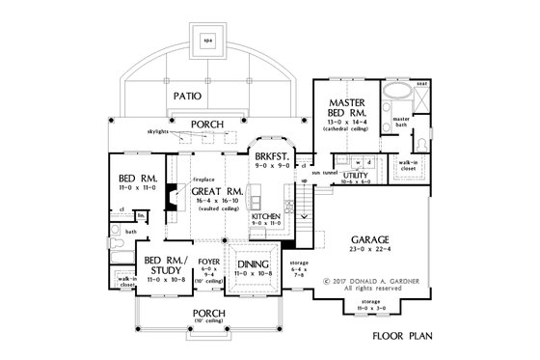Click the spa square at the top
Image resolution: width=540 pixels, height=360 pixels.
208,41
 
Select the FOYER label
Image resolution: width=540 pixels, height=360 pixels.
206,260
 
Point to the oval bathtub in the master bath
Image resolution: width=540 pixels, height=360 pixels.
397,97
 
